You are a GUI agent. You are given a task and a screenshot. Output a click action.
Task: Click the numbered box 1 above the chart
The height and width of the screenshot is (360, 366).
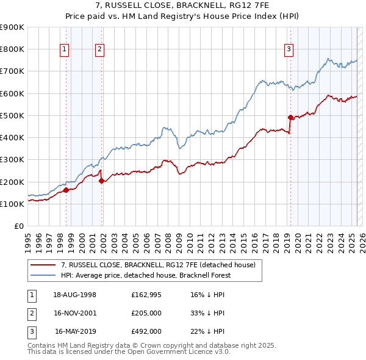tap(65, 50)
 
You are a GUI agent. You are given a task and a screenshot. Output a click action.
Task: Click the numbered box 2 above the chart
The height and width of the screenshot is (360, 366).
tap(99, 50)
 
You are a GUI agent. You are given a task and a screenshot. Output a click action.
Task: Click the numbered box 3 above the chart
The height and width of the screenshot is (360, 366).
tap(289, 50)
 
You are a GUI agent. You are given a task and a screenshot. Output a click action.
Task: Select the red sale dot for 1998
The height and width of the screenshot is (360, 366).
tap(66, 190)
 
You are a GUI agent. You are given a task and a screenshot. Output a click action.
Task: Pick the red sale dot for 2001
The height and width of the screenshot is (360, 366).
tap(101, 181)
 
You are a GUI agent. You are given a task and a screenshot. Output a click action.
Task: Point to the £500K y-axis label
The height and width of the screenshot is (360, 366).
tap(12, 115)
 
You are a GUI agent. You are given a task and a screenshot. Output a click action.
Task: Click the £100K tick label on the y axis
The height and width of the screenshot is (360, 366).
tap(12, 204)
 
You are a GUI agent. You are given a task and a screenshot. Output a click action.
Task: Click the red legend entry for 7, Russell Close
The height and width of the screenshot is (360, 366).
tap(161, 265)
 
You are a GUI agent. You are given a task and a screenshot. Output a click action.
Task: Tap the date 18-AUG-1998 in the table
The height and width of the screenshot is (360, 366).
tap(74, 295)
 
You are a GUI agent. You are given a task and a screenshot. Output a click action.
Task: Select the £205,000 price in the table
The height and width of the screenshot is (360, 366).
tap(146, 313)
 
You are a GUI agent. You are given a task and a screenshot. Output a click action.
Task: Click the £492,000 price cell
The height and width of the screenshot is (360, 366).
tap(146, 331)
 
